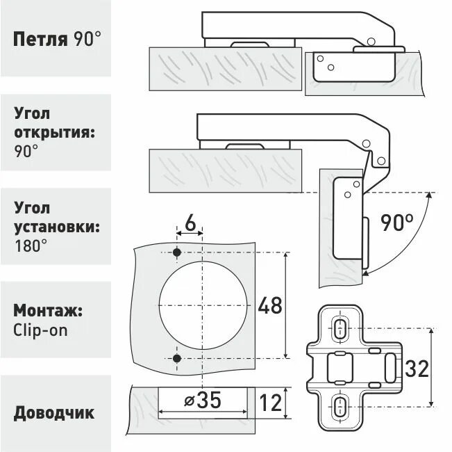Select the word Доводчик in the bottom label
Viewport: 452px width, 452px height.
pos(53,413)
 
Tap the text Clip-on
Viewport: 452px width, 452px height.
pos(41,330)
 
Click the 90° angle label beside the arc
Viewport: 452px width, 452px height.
pos(396,223)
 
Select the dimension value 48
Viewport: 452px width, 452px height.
pos(270,305)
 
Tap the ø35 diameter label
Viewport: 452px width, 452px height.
pos(203,401)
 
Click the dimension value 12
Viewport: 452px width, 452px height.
pos(271,401)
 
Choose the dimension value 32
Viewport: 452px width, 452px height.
pos(417,369)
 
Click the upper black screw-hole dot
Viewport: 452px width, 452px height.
pos(177,252)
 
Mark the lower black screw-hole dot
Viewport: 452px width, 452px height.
pos(177,358)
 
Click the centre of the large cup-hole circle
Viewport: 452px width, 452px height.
pos(203,305)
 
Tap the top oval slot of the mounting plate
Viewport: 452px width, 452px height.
pos(340,328)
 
